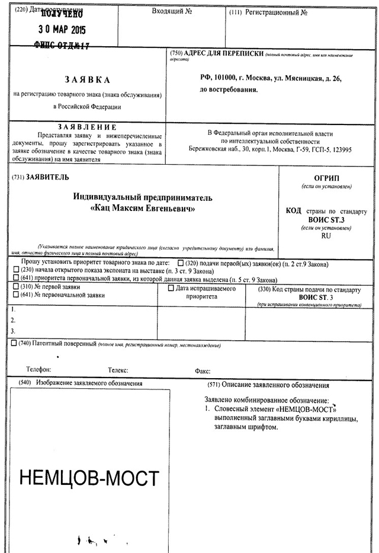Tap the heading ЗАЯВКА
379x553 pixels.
click(x=87, y=79)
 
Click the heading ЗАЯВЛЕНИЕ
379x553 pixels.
click(x=87, y=127)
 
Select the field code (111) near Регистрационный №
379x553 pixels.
click(x=236, y=12)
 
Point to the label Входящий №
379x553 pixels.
click(x=172, y=11)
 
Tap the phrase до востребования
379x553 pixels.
click(x=229, y=90)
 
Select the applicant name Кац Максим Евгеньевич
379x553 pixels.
click(x=143, y=209)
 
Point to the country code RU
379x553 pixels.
click(x=326, y=235)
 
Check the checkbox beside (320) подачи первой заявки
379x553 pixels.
click(x=181, y=263)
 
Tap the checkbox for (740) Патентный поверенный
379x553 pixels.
click(x=14, y=343)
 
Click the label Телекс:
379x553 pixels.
click(x=118, y=370)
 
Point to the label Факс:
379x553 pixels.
click(x=203, y=372)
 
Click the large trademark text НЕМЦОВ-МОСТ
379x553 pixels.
click(x=89, y=478)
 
